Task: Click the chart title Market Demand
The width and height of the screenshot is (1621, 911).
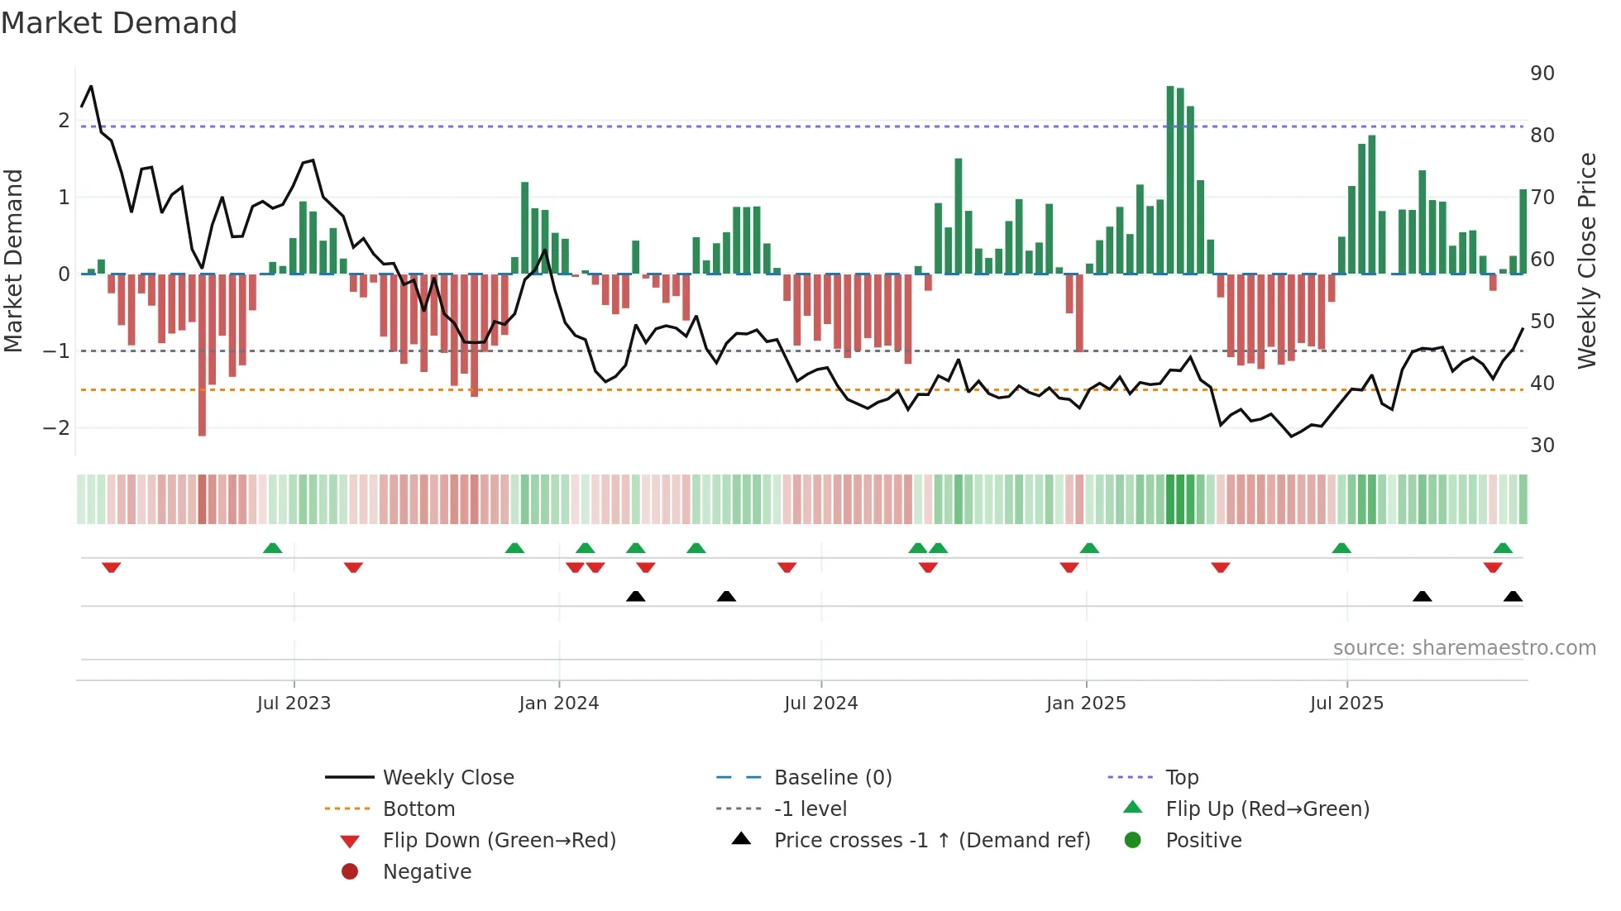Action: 119,23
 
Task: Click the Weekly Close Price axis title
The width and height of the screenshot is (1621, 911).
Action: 1586,260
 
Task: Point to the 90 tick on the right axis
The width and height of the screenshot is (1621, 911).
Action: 1542,74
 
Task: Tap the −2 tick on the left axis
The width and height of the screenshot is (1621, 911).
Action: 56,428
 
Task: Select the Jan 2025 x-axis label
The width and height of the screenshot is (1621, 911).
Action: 1085,704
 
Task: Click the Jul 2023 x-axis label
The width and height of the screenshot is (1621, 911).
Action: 294,704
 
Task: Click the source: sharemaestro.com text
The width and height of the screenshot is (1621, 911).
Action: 1464,648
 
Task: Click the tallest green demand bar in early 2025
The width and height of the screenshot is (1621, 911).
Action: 1170,180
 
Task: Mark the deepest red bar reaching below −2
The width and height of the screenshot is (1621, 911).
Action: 202,355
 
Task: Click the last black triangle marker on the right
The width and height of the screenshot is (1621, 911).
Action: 1513,596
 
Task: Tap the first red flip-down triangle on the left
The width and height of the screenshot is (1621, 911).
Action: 112,567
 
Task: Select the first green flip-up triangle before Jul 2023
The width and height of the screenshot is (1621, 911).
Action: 272,548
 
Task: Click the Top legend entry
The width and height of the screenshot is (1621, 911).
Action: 1182,778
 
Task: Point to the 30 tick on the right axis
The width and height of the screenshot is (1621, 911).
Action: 1542,446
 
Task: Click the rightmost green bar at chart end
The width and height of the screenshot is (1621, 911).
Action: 1523,231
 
